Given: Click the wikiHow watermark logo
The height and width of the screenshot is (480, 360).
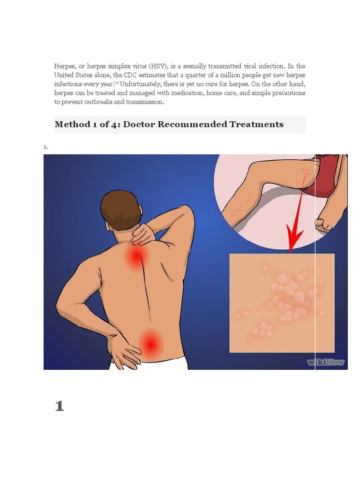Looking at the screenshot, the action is pos(326,362).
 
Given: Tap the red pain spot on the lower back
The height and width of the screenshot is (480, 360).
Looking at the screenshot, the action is pos(150,344).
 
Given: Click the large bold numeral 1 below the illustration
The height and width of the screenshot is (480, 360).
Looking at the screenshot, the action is pos(60,406).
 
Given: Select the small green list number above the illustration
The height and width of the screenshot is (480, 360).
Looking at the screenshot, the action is pos(45,147).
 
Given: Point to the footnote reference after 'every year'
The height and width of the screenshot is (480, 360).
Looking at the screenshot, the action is pos(116,83).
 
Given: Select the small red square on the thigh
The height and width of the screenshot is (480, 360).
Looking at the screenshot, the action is pos(307,172).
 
